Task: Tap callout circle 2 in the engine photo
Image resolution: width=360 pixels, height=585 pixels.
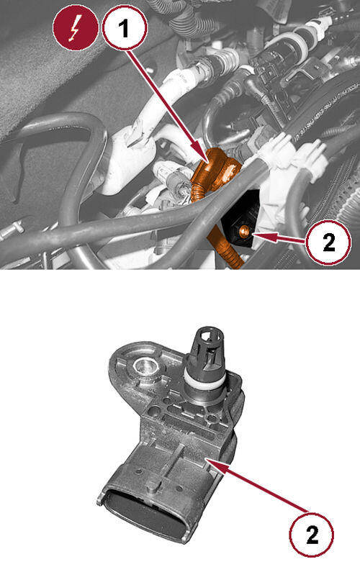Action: coord(328,241)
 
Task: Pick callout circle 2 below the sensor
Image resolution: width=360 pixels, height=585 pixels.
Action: coord(312,534)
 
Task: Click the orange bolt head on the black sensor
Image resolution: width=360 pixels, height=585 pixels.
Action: coord(245,231)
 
